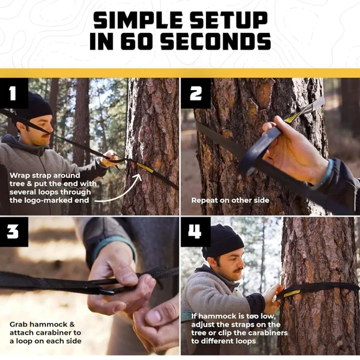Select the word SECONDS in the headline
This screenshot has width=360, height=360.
point(215,42)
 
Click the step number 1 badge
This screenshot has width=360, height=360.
point(14,93)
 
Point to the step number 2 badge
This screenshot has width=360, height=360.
point(196,93)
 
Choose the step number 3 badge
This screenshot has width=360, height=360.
point(14,232)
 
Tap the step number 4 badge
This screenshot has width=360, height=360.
point(196,232)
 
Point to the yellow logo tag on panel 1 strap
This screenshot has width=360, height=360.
point(145,168)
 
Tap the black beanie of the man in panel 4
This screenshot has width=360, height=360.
point(222,241)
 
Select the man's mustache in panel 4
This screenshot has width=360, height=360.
point(238,270)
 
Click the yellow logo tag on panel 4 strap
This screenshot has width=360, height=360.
point(292,294)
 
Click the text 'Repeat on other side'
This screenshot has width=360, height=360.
point(230,200)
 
